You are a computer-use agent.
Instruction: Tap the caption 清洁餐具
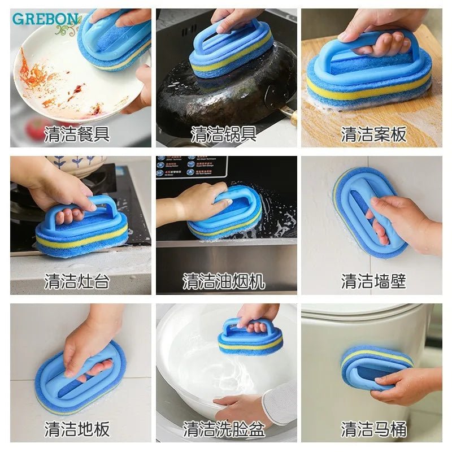[77, 134]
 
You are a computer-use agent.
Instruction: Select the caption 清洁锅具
[224, 134]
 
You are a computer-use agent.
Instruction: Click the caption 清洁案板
[374, 134]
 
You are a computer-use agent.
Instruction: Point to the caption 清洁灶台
[77, 281]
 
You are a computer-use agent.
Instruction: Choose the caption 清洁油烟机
[224, 281]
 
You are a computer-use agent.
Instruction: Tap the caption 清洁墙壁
[374, 281]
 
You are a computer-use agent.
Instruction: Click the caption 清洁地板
[77, 429]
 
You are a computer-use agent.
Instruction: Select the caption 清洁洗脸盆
[224, 429]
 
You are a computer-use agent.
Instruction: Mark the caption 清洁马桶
[374, 429]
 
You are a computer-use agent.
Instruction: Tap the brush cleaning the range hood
[226, 215]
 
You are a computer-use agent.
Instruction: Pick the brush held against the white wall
[367, 212]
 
